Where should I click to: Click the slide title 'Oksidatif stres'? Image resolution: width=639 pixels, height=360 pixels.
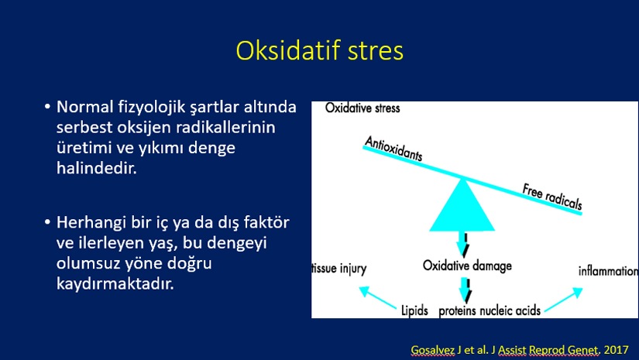click(x=319, y=50)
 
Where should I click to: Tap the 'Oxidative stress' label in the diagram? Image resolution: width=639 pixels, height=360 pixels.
click(x=362, y=108)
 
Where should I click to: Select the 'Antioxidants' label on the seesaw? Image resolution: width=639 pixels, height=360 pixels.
click(x=393, y=149)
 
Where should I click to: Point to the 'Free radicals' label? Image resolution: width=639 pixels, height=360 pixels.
click(x=552, y=197)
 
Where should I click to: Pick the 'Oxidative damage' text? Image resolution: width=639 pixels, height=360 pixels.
click(x=467, y=266)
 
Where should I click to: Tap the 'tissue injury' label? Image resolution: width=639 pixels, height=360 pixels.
click(x=339, y=269)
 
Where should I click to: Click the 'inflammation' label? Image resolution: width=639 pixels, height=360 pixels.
click(x=608, y=271)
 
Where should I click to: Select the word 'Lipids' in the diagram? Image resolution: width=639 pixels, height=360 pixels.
click(x=414, y=310)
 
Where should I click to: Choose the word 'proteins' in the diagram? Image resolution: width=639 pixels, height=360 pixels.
click(x=457, y=311)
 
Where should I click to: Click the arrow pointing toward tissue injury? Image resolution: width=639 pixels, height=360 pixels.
click(x=377, y=297)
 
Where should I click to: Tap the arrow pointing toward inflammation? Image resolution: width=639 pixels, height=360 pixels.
click(x=564, y=300)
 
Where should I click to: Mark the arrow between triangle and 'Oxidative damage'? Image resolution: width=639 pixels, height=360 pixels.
click(x=462, y=244)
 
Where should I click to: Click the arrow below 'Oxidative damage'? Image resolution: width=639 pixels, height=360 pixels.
click(x=464, y=290)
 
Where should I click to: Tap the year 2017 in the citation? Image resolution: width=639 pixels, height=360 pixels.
click(x=617, y=349)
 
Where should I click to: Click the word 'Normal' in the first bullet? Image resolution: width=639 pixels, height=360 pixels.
click(x=84, y=107)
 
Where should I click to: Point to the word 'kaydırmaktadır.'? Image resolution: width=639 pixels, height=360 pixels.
click(x=115, y=283)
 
